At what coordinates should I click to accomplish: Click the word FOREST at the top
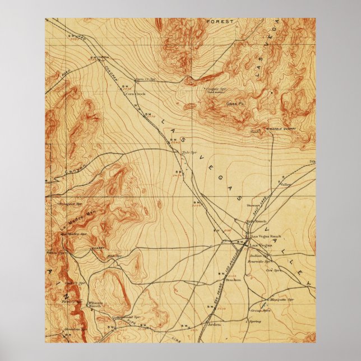click(219, 21)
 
